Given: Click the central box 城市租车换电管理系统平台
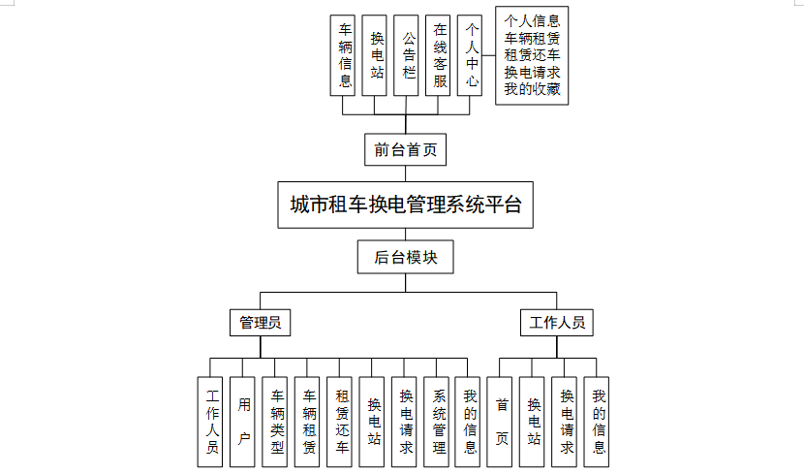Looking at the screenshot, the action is tap(405, 205).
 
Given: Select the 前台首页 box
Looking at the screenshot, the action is tap(405, 150).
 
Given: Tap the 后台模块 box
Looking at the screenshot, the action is tap(405, 257).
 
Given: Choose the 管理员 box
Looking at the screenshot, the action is tap(260, 323).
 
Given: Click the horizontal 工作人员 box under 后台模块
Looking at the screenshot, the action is tap(557, 323).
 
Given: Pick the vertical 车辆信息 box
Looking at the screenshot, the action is tap(343, 55).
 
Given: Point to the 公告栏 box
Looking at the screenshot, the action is tap(406, 55).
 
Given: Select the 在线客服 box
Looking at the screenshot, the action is tap(438, 55).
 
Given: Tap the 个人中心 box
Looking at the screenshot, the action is tap(470, 55).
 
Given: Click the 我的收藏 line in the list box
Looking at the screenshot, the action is tap(532, 89).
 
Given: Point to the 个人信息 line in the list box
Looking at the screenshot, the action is tap(532, 21).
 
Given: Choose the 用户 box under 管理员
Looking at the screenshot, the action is tap(242, 422).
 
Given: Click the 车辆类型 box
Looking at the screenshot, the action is tap(275, 422).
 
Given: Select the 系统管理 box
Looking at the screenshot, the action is tap(436, 422).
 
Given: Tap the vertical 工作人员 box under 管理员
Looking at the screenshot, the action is tap(210, 422).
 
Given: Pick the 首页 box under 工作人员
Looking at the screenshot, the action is tap(500, 422).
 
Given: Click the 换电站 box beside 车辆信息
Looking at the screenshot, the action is tap(374, 55).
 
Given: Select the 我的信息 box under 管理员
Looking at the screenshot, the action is tap(468, 422).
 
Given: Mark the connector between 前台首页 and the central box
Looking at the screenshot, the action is tap(406, 174).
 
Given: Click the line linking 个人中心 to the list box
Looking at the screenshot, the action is tap(488, 55).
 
